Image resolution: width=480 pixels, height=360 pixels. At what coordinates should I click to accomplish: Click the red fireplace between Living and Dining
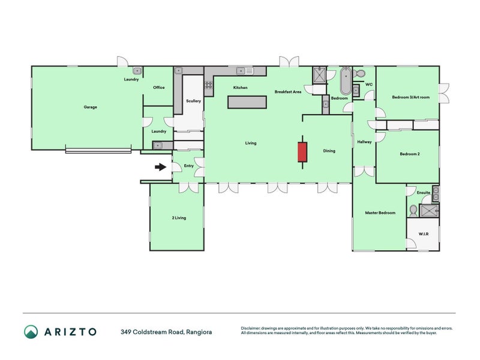pyautogui.click(x=302, y=152)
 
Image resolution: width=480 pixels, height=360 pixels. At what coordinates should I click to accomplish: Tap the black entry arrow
pyautogui.click(x=160, y=167)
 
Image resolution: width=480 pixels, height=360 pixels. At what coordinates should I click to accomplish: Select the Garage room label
pyautogui.click(x=91, y=107)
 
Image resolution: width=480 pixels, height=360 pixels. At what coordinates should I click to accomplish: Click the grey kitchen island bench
pyautogui.click(x=247, y=102)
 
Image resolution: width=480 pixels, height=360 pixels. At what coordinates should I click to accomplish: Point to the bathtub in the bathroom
pyautogui.click(x=346, y=81)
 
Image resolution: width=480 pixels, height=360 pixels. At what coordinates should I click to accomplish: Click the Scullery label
pyautogui.click(x=193, y=101)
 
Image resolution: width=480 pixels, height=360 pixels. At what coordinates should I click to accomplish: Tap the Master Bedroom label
pyautogui.click(x=380, y=213)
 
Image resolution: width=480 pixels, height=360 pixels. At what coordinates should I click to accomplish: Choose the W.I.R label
pyautogui.click(x=424, y=234)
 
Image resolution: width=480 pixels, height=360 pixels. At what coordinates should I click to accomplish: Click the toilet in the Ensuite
pyautogui.click(x=413, y=211)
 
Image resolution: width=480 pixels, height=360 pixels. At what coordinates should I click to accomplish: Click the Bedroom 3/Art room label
pyautogui.click(x=411, y=97)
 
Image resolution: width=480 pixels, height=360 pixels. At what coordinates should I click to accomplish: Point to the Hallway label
pyautogui.click(x=364, y=142)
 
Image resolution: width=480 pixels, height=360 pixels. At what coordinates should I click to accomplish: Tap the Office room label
pyautogui.click(x=159, y=88)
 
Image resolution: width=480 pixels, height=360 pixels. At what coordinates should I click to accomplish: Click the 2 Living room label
pyautogui.click(x=179, y=218)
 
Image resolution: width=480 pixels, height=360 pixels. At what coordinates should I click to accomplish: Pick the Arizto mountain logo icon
pyautogui.click(x=31, y=332)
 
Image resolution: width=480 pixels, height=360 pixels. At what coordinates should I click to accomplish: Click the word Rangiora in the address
pyautogui.click(x=199, y=332)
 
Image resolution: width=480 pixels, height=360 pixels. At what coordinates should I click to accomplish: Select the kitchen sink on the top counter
pyautogui.click(x=245, y=71)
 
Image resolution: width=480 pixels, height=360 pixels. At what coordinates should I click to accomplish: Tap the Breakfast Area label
pyautogui.click(x=288, y=92)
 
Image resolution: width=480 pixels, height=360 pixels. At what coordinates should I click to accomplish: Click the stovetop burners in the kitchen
pyautogui.click(x=209, y=85)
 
